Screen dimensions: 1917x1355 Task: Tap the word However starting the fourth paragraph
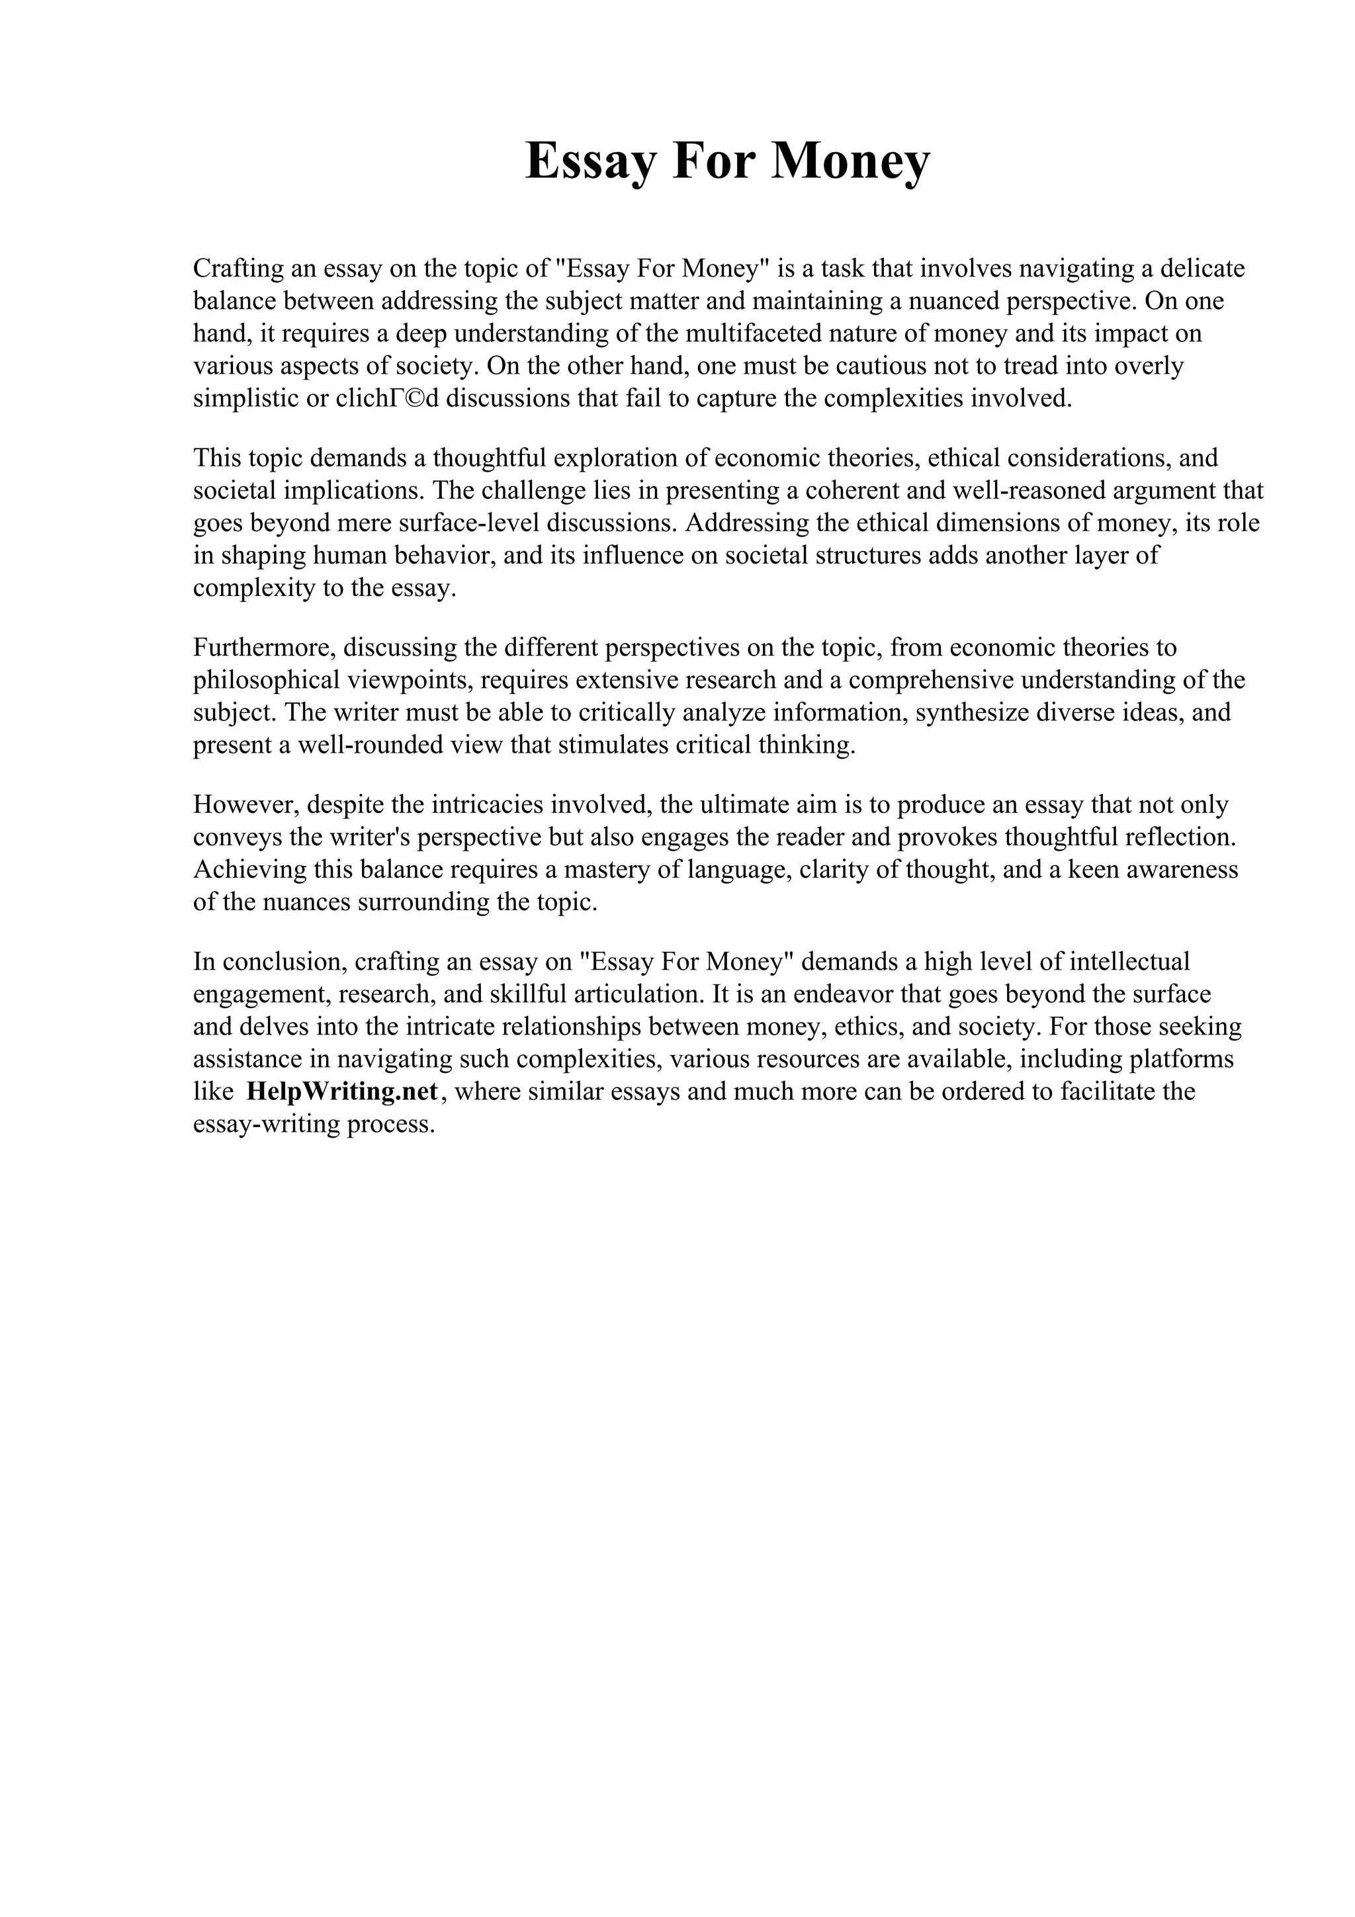246,804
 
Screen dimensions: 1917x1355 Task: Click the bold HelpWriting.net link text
342,1091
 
